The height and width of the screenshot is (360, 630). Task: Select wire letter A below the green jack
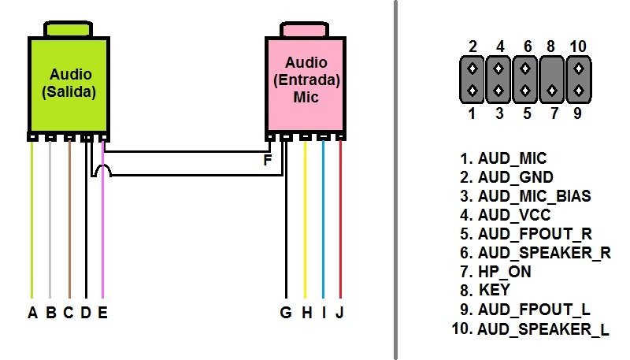pos(32,313)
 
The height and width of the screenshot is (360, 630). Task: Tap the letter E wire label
pos(102,313)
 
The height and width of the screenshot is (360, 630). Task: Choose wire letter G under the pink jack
pos(285,313)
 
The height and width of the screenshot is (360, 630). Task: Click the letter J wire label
pos(339,313)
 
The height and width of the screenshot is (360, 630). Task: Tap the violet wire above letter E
pos(102,236)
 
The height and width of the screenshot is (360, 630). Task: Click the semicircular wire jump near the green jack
pos(102,171)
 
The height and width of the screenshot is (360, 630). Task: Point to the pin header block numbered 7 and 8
pos(552,79)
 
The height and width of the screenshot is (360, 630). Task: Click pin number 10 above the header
pos(578,46)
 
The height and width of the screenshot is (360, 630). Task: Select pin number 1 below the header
pos(472,113)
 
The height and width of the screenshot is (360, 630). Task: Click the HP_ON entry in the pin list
pos(504,272)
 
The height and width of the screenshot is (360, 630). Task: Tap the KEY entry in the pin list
pos(494,291)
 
